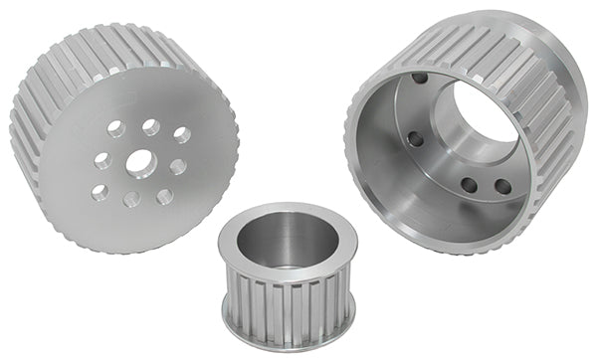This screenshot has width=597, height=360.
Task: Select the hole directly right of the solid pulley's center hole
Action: pyautogui.click(x=176, y=166)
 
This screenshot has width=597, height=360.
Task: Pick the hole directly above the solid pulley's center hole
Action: pyautogui.click(x=150, y=127)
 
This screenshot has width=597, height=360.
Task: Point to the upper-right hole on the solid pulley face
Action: pyautogui.click(x=181, y=134)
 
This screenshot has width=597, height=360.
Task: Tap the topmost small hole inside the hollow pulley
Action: pyautogui.click(x=420, y=78)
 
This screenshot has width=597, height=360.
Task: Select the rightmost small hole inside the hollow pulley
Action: pyautogui.click(x=502, y=186)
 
